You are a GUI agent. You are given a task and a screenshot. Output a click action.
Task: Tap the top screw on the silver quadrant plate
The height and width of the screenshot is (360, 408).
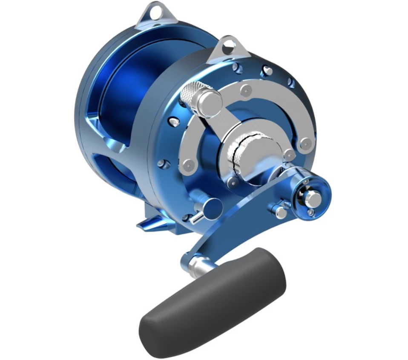click(245, 90)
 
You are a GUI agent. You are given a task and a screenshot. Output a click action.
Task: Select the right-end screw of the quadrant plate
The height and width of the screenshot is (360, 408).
click(305, 143)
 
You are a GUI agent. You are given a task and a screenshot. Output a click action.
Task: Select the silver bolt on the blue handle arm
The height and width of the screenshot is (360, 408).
click(281, 211)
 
